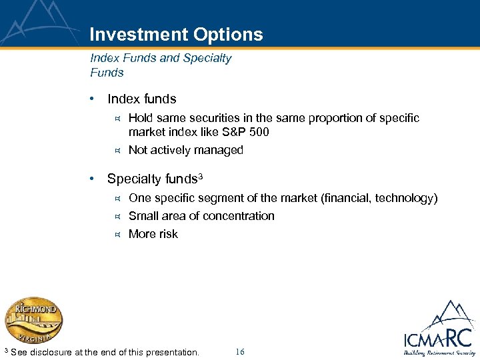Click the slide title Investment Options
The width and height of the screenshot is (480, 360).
tap(176, 35)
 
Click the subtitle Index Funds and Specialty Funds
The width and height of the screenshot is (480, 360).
tap(160, 65)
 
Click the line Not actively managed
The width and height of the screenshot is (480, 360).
tap(185, 150)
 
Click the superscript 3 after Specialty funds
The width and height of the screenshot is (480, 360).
tap(200, 177)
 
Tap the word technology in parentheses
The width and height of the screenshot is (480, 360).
tap(403, 198)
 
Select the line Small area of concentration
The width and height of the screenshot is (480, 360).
tap(201, 216)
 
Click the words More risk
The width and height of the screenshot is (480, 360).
tap(153, 234)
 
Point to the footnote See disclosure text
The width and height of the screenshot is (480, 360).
tap(105, 352)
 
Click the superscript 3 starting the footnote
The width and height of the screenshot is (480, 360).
tap(6, 350)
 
